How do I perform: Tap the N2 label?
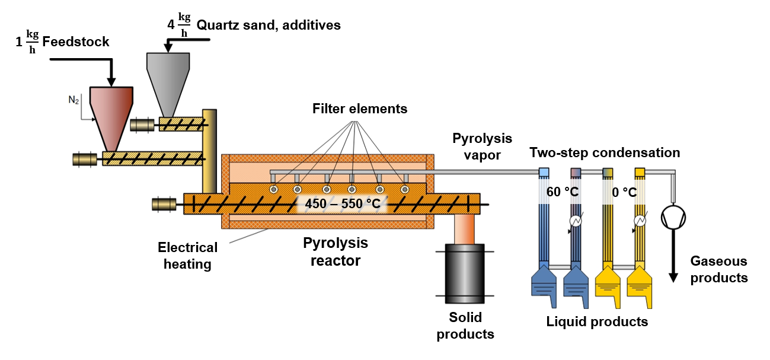74,100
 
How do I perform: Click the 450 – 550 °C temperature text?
343,203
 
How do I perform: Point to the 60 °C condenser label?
563,192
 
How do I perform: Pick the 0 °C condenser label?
624,192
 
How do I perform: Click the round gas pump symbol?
673,217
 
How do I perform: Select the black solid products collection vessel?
465,273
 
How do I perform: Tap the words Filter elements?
360,109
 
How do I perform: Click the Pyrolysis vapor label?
482,146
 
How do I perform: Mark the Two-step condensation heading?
605,152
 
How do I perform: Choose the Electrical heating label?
188,256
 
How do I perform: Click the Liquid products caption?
597,322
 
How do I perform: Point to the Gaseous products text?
719,269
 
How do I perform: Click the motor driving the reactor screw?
164,205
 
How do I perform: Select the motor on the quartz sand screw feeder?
142,125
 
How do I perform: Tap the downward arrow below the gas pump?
673,256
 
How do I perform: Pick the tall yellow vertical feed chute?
209,152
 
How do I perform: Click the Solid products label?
465,326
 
